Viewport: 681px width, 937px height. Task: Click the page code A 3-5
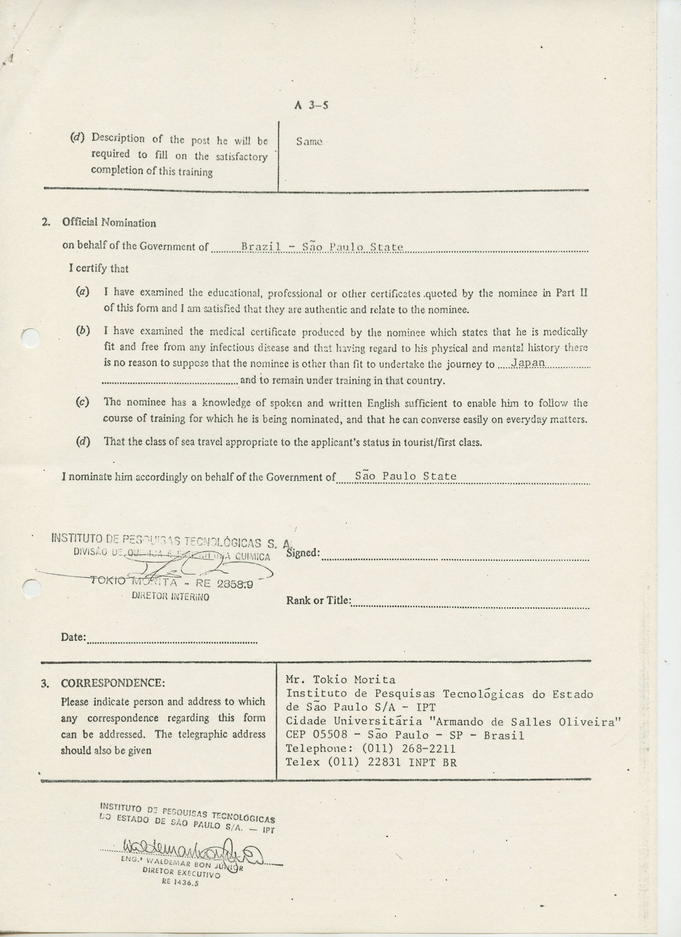pyautogui.click(x=311, y=105)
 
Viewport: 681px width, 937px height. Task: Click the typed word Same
pyautogui.click(x=309, y=142)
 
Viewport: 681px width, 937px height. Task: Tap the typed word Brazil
pyautogui.click(x=261, y=247)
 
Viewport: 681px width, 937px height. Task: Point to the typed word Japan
pyautogui.click(x=529, y=363)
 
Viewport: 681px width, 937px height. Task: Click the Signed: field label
pyautogui.click(x=303, y=553)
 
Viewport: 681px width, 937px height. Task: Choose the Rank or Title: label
pyautogui.click(x=319, y=600)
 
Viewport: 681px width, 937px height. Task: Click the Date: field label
pyautogui.click(x=73, y=637)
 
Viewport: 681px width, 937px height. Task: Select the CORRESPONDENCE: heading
pyautogui.click(x=113, y=683)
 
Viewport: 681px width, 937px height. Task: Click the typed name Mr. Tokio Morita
pyautogui.click(x=340, y=680)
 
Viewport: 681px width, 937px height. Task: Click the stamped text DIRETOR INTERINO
pyautogui.click(x=170, y=597)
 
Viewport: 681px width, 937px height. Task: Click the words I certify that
pyautogui.click(x=99, y=269)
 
